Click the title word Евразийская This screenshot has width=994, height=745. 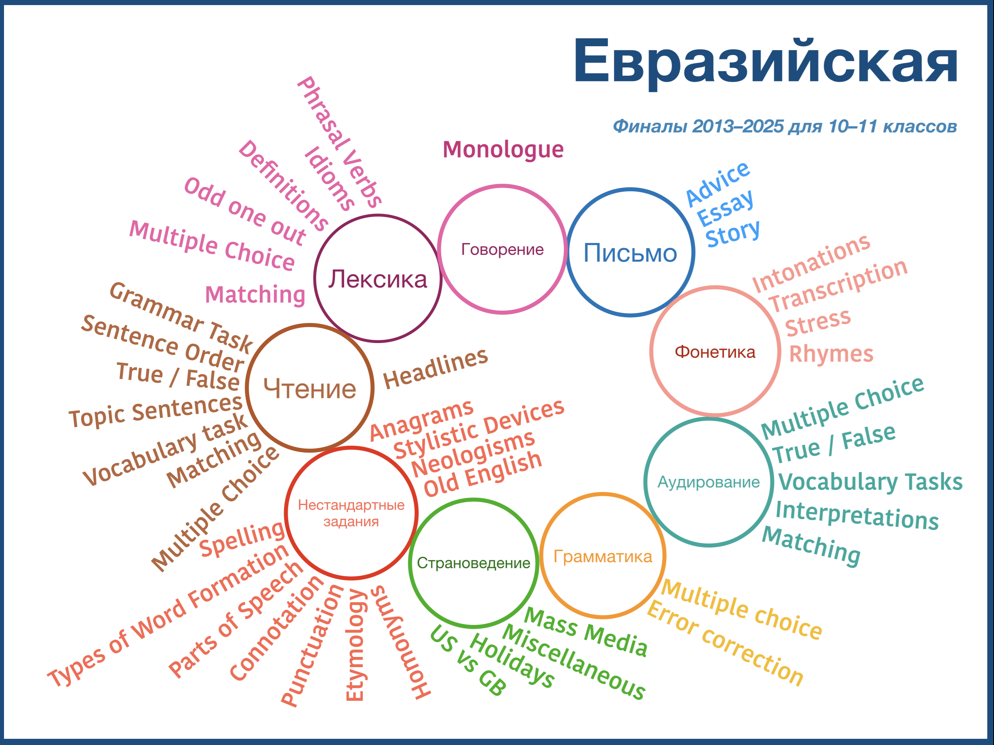pos(766,62)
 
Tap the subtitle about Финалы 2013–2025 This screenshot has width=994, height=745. pos(785,126)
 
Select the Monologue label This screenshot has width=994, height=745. pos(503,150)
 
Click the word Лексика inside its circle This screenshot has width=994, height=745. pos(377,279)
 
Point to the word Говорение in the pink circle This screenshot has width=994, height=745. pos(502,250)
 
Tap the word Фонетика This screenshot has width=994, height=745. pos(715,352)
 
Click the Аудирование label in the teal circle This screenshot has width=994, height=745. pos(709,482)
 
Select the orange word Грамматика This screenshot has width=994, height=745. pos(603,556)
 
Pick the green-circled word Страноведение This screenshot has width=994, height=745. pos(474,563)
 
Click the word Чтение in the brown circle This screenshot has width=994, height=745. pos(310,389)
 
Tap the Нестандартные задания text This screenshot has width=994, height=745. pos(351,513)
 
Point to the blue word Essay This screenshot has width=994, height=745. pos(725,208)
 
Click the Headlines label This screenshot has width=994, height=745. pos(436,368)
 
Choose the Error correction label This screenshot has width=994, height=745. pos(725,644)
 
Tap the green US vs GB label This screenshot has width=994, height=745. pos(468,661)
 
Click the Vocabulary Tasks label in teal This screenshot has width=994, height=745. pos(870,482)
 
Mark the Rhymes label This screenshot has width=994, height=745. pos(831,354)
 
